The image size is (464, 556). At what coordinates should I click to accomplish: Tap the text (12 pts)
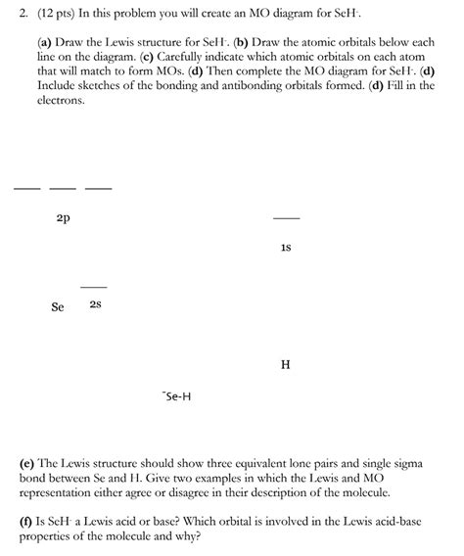(x=44, y=15)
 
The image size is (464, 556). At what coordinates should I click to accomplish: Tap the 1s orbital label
(x=285, y=248)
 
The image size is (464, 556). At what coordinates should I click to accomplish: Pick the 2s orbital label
(x=95, y=305)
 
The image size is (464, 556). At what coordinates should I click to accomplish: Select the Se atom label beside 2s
(x=58, y=306)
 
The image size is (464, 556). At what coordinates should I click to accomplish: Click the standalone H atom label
(x=285, y=365)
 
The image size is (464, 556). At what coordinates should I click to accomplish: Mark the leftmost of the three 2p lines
(x=27, y=188)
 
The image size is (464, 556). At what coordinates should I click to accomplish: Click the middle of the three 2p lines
(x=63, y=188)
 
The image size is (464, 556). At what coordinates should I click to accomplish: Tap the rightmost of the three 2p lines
(x=98, y=188)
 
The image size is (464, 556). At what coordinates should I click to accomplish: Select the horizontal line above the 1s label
(x=286, y=218)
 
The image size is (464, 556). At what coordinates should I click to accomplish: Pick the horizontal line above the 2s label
(x=93, y=286)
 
